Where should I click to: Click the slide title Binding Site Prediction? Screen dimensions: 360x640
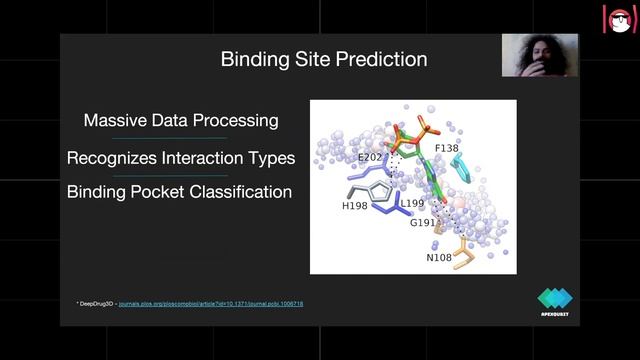pyautogui.click(x=323, y=60)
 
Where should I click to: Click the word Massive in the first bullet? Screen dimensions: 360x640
pyautogui.click(x=112, y=121)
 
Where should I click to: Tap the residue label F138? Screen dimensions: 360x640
pyautogui.click(x=446, y=148)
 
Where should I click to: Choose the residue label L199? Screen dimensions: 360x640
pyautogui.click(x=412, y=203)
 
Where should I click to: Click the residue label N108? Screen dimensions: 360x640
pyautogui.click(x=439, y=257)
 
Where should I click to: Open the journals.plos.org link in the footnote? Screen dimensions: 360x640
pyautogui.click(x=211, y=303)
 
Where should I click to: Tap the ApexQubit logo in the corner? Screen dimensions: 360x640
pyautogui.click(x=555, y=301)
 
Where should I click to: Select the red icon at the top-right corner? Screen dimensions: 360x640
pyautogui.click(x=619, y=19)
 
